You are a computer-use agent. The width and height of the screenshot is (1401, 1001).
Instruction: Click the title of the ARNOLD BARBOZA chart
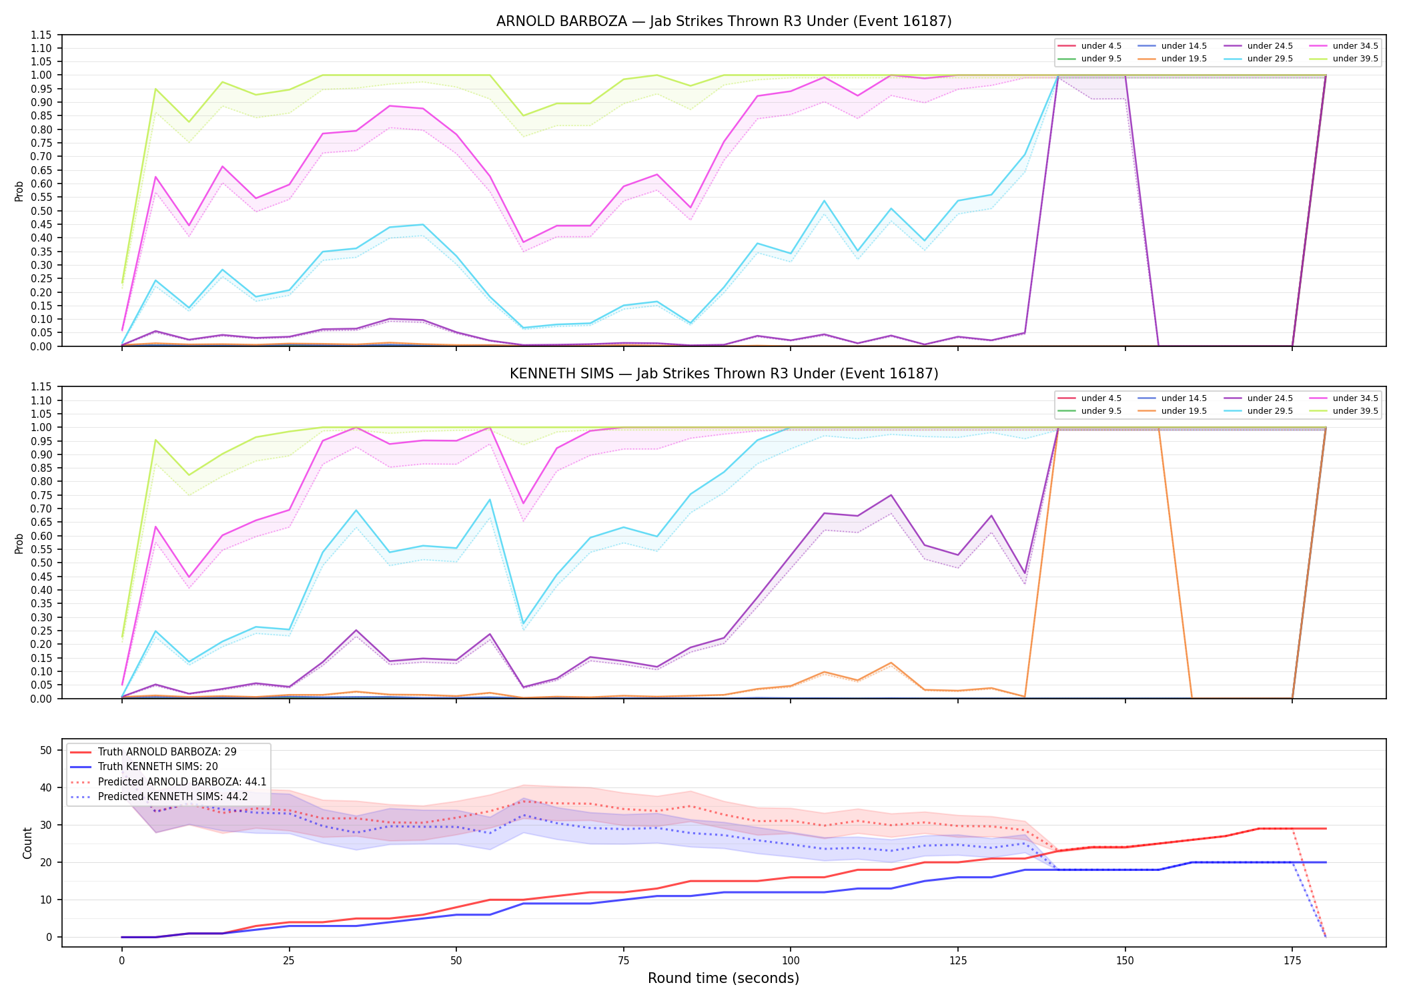click(x=724, y=21)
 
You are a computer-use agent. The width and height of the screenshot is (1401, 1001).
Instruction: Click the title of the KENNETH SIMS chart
click(x=724, y=374)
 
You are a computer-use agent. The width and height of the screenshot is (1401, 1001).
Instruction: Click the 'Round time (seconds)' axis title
click(x=724, y=978)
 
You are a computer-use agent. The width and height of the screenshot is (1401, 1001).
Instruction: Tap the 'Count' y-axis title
click(x=27, y=843)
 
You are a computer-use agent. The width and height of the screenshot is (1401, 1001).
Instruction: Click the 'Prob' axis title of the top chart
click(x=19, y=191)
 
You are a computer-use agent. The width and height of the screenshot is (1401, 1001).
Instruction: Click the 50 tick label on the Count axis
click(x=46, y=750)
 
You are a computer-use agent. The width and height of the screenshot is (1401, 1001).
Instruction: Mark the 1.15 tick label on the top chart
click(x=41, y=35)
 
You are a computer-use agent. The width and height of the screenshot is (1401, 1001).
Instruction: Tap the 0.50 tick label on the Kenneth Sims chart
click(x=41, y=563)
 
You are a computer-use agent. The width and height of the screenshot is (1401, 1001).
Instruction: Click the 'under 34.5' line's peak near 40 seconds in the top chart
click(x=390, y=106)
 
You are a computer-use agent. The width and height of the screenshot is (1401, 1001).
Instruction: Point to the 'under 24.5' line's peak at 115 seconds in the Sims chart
click(x=891, y=495)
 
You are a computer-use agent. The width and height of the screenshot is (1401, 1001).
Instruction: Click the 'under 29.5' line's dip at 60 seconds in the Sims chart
click(x=523, y=625)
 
